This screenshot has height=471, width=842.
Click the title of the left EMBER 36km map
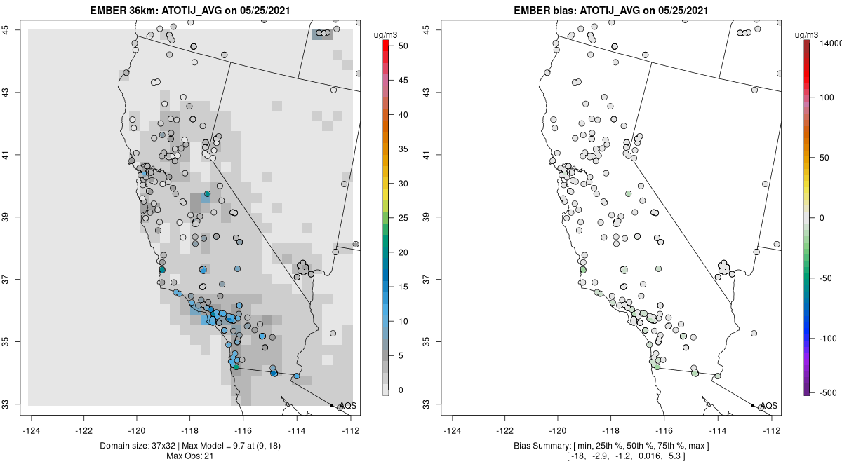(x=191, y=11)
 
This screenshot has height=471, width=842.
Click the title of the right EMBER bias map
(x=612, y=11)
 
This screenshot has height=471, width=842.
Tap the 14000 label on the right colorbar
(x=828, y=43)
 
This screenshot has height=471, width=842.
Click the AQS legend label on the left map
(x=347, y=406)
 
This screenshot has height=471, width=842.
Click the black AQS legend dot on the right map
(x=752, y=406)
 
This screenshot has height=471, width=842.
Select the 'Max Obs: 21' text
(x=190, y=456)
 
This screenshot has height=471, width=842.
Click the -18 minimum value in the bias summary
(x=581, y=456)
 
